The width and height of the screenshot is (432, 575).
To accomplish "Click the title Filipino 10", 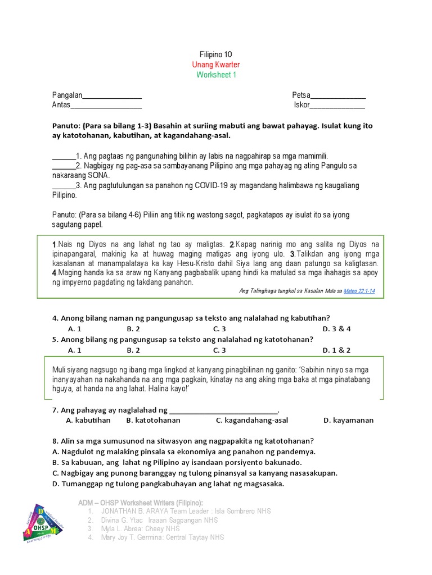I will point(215,54).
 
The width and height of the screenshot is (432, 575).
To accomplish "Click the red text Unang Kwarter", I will point(215,65).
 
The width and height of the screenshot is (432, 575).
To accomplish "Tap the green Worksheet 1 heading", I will point(216,75).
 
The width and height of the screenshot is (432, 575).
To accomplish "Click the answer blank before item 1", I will point(64,157).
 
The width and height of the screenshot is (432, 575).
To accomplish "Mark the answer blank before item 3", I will point(64,186).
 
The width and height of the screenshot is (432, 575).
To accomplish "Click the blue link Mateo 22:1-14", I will point(359,291).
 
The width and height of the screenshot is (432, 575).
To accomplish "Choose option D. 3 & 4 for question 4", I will point(336,329).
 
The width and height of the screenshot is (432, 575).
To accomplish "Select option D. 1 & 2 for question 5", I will point(336,350).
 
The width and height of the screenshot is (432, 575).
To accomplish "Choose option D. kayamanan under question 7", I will point(348,420).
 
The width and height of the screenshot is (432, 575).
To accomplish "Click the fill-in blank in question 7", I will point(223,410).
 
